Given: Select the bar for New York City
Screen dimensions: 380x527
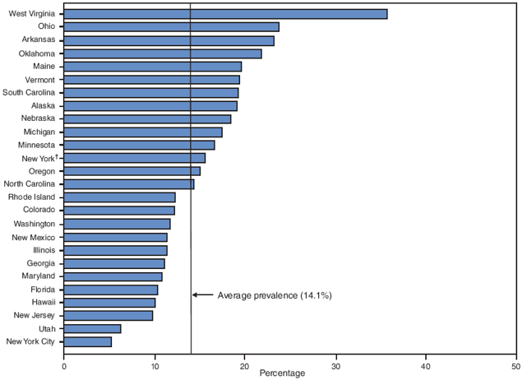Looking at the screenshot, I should click(87, 341).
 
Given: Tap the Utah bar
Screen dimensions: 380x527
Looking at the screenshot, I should click(92, 328).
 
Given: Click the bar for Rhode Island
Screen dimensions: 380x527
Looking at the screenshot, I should click(119, 197).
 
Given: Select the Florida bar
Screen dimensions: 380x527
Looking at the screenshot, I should click(111, 290).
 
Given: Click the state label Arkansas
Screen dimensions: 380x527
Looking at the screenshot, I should click(38, 40).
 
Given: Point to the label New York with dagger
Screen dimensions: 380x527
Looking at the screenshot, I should click(38, 158).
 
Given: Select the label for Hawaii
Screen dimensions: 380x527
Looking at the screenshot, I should click(42, 303).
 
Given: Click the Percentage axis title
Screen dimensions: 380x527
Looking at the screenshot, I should click(282, 373).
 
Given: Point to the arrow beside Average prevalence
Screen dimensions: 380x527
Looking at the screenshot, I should click(202, 295).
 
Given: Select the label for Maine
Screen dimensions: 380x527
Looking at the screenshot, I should click(44, 66).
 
